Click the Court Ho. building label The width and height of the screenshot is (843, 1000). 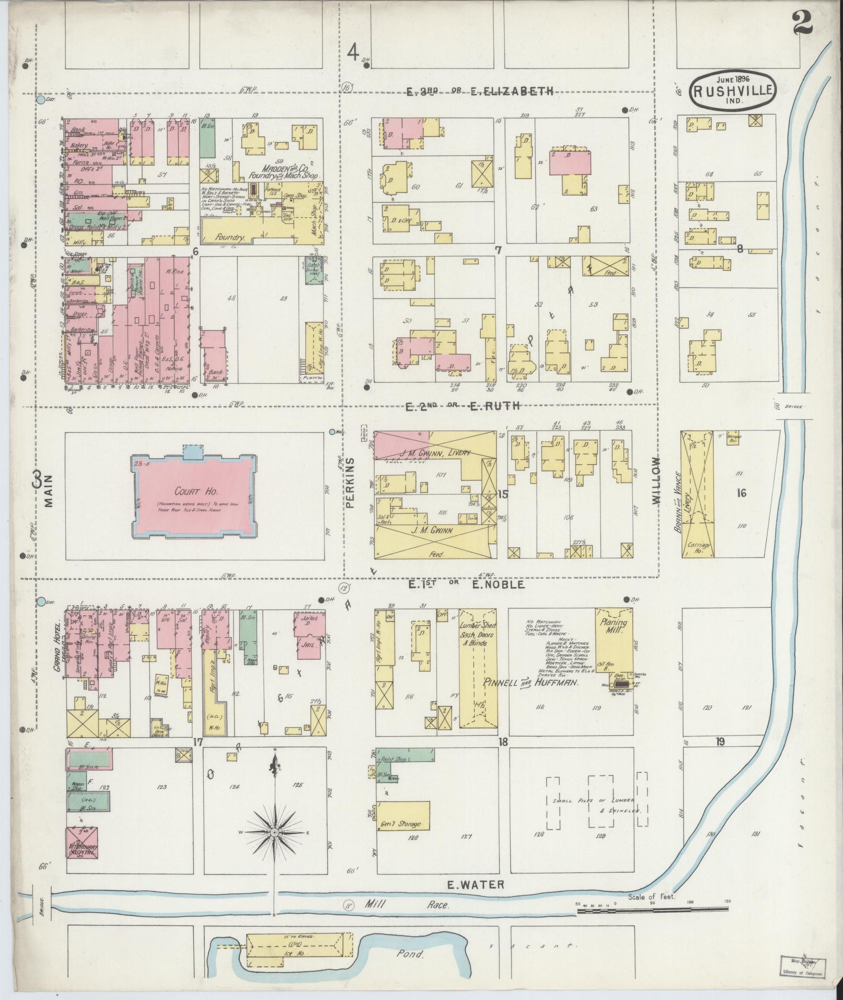pos(191,492)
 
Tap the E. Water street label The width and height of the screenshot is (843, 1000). pos(476,884)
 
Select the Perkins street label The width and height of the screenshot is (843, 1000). pos(351,484)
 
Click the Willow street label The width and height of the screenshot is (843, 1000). pos(656,480)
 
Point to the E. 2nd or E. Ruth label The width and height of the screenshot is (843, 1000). pos(463,405)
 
